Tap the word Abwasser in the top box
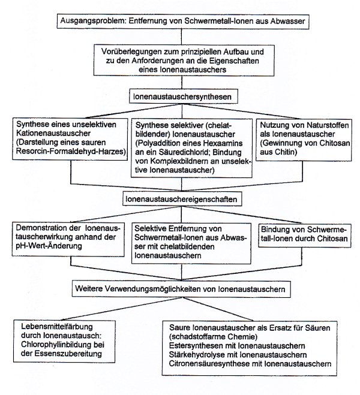[x=287, y=21]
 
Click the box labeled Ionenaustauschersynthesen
[x=183, y=97]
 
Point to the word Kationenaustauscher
[x=53, y=133]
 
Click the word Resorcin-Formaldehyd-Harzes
[x=71, y=152]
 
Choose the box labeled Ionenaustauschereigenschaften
[x=182, y=199]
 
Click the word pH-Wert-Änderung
[x=49, y=246]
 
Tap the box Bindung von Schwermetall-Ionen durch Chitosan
[x=305, y=235]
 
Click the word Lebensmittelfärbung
[x=57, y=327]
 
